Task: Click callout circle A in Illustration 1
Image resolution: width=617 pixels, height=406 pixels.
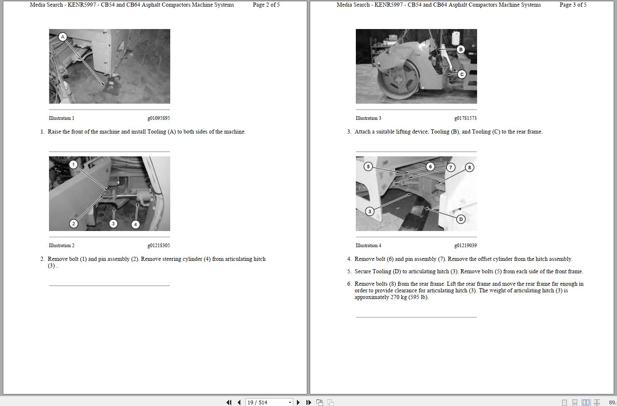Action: [x=63, y=37]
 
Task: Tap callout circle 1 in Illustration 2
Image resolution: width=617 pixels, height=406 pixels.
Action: [x=73, y=165]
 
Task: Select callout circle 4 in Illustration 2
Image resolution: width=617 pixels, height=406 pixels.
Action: [x=135, y=224]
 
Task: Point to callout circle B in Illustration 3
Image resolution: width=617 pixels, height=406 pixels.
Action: [x=460, y=49]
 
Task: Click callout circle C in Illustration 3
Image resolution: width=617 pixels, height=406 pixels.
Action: [x=462, y=74]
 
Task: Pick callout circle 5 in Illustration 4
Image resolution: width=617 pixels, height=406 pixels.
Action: [x=368, y=167]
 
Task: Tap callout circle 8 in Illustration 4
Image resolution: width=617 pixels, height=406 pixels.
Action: [x=469, y=168]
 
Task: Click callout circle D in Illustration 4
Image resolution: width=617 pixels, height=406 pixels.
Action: [x=460, y=219]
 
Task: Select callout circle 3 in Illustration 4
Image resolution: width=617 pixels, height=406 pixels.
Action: [x=370, y=212]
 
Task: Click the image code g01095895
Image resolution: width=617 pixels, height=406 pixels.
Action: [x=159, y=118]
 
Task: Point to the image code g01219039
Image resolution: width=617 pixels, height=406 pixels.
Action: [x=465, y=246]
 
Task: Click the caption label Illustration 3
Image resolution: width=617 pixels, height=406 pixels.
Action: [x=368, y=118]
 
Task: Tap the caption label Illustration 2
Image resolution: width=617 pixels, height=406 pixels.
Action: [x=61, y=246]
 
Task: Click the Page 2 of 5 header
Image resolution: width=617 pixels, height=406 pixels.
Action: [x=266, y=5]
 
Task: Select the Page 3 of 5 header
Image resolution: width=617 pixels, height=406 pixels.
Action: [x=573, y=5]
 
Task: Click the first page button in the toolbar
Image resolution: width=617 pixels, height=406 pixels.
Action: [x=229, y=402]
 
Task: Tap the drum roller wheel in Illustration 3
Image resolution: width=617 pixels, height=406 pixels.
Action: [x=397, y=81]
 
